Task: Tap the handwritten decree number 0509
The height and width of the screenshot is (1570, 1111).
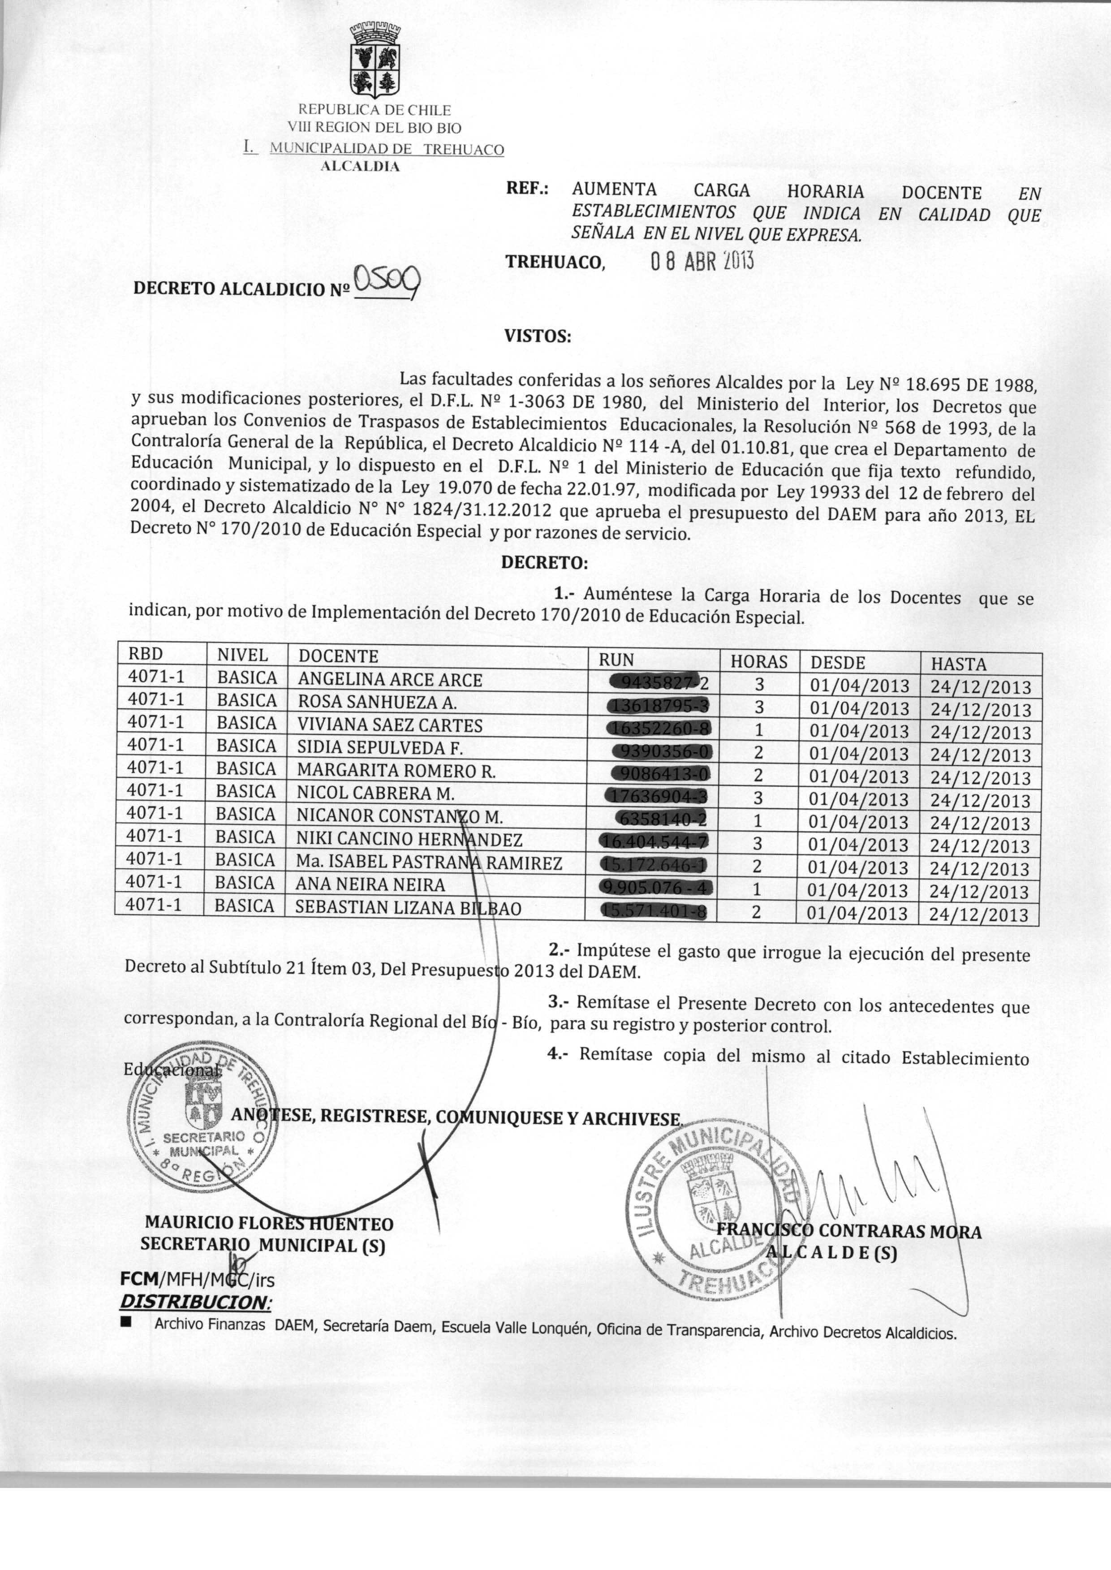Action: point(387,281)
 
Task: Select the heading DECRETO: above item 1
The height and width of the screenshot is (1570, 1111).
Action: point(545,563)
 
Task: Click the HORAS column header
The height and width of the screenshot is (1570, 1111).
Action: point(759,661)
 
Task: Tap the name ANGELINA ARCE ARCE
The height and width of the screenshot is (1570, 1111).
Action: point(390,680)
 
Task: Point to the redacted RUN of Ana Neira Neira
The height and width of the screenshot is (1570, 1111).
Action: point(655,888)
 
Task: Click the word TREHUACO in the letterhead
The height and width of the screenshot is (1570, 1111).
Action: point(464,150)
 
